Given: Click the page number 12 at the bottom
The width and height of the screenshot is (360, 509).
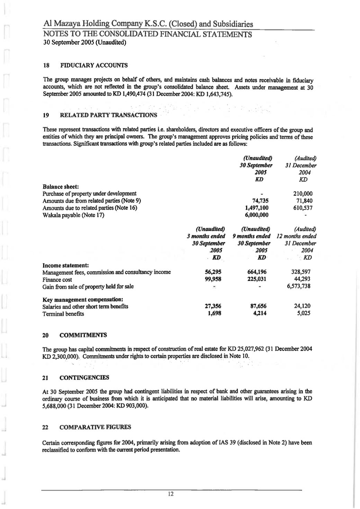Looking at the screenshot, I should pos(170,494).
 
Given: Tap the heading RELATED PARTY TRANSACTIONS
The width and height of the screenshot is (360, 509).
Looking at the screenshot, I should pos(108,115).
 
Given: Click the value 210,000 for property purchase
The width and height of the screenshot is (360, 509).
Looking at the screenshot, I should pos(303,193).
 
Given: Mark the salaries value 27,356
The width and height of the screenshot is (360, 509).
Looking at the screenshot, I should pos(211,306).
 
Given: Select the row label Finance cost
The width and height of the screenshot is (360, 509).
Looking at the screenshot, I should pos(57,280).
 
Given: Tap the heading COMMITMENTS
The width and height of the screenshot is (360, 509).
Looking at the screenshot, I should pos(83,335).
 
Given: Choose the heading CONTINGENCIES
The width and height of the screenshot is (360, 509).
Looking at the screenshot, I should pos(84,378).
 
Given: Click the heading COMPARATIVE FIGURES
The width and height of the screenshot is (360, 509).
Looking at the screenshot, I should pos(95,427).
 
